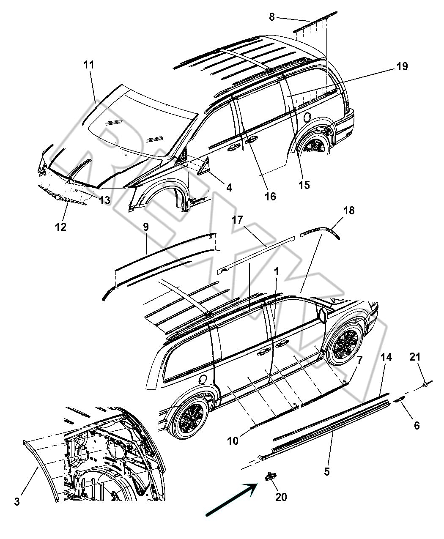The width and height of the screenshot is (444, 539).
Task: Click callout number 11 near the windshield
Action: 89,65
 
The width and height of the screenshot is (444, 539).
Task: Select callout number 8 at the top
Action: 272,17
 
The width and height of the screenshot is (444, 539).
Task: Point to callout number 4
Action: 229,187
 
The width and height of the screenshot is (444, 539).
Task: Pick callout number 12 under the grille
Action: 60,227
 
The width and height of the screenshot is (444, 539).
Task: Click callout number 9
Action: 145,227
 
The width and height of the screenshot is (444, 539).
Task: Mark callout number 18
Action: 349,210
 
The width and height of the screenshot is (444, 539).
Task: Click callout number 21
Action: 415,357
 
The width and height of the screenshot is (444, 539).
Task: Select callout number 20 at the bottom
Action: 281,497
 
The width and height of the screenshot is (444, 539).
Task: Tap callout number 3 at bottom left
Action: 17,502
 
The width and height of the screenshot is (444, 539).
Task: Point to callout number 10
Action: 233,441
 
